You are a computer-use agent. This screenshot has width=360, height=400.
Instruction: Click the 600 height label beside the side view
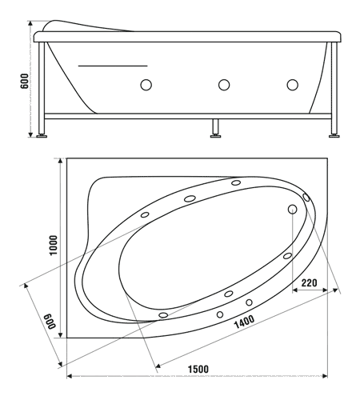point(24,81)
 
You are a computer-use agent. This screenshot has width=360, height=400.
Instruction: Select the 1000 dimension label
point(54,246)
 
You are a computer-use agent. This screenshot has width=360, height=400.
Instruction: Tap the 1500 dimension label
point(198,369)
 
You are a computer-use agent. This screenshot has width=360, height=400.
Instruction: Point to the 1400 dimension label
point(244,322)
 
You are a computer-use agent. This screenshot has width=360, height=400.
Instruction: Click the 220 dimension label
point(310,282)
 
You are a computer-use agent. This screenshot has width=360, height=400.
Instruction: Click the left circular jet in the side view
point(146,85)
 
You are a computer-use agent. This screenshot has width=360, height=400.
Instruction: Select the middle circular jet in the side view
point(224,85)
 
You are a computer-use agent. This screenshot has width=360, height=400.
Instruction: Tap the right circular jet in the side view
point(293,85)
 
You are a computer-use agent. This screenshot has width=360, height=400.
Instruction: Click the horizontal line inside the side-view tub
point(113,66)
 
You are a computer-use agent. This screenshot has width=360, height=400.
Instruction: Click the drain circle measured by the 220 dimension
point(293,210)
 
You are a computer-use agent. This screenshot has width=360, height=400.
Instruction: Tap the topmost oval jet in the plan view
point(236,182)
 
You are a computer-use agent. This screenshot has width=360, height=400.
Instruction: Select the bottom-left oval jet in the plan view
point(163,315)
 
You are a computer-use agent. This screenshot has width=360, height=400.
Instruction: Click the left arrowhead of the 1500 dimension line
point(70,376)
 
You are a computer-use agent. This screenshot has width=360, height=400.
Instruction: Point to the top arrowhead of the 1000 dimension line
point(61,161)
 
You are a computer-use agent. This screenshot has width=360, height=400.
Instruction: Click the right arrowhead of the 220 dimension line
point(325,290)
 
